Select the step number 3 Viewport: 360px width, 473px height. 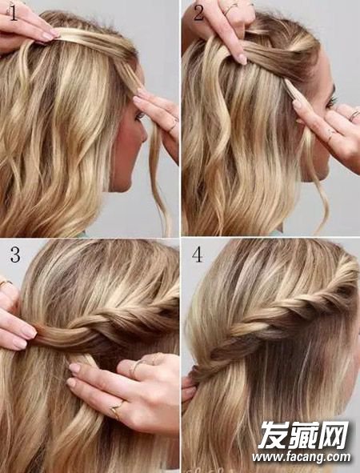(x=15, y=255)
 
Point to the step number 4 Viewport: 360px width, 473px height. (x=197, y=255)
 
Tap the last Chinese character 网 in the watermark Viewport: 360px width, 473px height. (x=334, y=436)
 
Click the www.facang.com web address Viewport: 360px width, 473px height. (x=302, y=459)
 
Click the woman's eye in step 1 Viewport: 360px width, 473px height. (x=139, y=115)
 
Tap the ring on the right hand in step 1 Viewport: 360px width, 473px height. (x=174, y=126)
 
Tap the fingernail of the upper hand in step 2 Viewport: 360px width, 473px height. (x=242, y=58)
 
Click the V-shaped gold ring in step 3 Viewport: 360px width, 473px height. (x=116, y=408)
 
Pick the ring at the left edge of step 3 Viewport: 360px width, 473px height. (x=5, y=283)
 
